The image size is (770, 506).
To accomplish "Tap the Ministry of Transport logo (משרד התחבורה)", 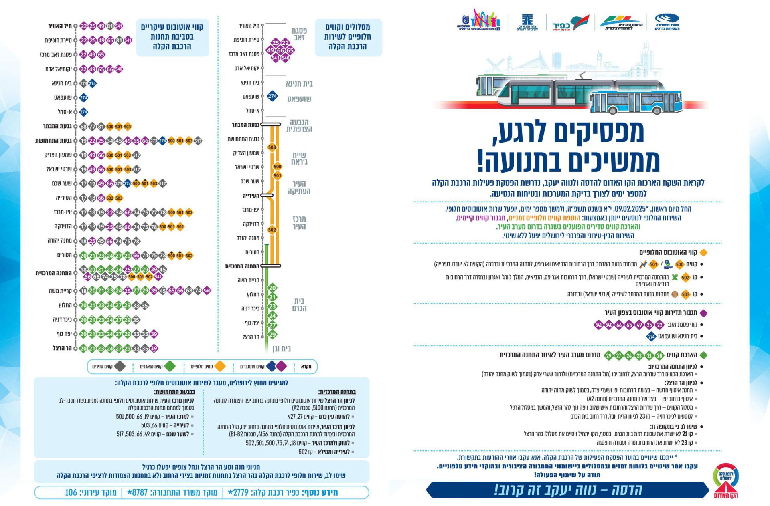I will pos(667,22).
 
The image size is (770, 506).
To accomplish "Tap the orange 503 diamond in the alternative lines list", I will pos(685,294).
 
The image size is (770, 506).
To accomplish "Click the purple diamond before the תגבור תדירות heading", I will pos(703,313).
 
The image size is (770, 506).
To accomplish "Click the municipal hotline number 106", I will pos(71,492).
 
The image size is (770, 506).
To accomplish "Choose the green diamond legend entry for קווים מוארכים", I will pos(170,366).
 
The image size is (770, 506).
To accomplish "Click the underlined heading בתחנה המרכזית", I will pos(337,392).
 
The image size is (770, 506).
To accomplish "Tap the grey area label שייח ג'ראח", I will pos(299,159).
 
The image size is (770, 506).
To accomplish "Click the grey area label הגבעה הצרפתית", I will pos(299,125).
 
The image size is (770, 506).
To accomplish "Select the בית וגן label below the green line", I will pos(282,349).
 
